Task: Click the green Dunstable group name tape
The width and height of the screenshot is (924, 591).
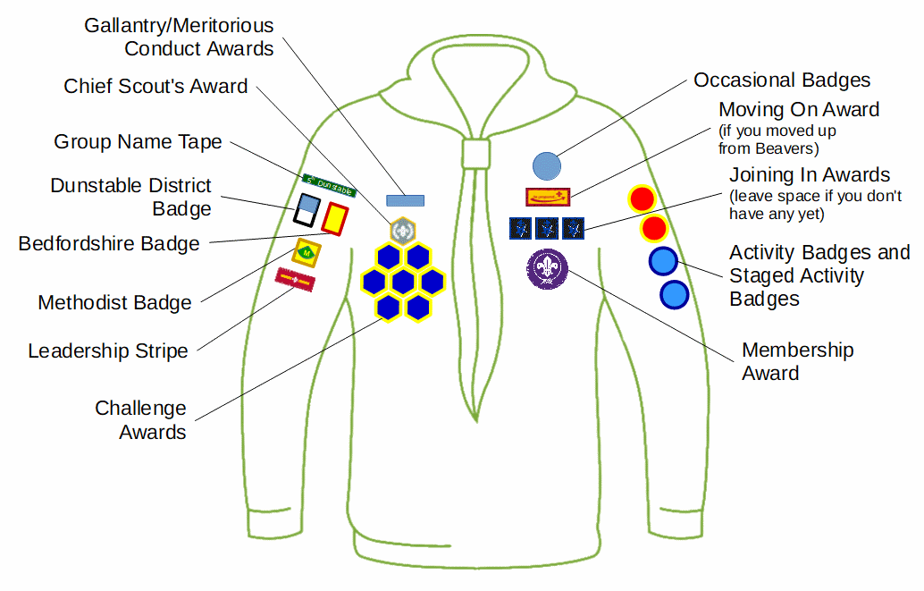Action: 329,185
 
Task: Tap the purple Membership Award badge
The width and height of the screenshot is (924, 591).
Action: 547,268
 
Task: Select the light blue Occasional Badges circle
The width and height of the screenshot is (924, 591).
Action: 546,166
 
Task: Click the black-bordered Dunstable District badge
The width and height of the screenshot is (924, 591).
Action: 306,212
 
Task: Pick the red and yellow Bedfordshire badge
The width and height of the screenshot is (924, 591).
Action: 334,218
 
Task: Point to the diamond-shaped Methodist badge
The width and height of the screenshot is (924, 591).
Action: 307,252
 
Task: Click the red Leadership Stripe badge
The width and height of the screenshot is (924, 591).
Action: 295,280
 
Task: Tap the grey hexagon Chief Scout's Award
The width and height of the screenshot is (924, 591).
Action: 402,231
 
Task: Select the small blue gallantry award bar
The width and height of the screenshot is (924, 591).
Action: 405,200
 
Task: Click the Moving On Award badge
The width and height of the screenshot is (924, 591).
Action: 547,197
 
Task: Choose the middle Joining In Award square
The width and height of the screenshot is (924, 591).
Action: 547,228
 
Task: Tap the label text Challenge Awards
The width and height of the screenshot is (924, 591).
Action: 141,420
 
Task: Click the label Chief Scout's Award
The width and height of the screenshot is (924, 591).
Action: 155,87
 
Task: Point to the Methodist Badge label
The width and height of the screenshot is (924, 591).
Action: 114,303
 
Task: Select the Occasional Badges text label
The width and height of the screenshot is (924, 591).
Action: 782,80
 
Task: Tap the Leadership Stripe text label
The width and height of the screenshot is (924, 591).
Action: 108,350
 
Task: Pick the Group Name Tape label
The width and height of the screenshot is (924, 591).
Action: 138,142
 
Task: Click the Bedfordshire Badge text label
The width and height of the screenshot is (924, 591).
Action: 109,244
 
